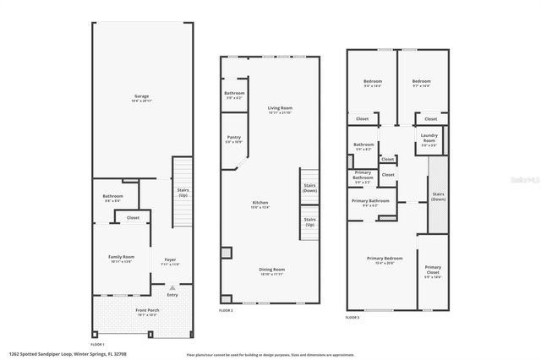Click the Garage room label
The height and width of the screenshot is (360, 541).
point(141,97)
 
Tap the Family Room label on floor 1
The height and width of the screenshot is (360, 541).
point(122,257)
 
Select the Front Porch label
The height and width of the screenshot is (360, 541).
point(147,311)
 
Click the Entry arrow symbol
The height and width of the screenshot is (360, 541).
point(172,287)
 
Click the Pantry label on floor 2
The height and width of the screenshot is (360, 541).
point(234,138)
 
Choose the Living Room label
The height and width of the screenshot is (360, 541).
point(280,109)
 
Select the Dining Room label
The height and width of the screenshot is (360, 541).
point(271,270)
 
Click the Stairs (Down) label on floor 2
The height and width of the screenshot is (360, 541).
point(309,188)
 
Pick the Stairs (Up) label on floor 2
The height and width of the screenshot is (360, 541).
point(309,221)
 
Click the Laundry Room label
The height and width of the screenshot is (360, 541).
point(429,139)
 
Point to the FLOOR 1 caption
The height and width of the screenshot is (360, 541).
point(97,344)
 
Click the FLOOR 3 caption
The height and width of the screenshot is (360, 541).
point(352,317)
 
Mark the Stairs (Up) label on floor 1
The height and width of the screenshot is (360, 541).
point(183,193)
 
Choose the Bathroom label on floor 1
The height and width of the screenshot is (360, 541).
point(112,198)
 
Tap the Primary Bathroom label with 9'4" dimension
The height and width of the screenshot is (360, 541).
point(370,201)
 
